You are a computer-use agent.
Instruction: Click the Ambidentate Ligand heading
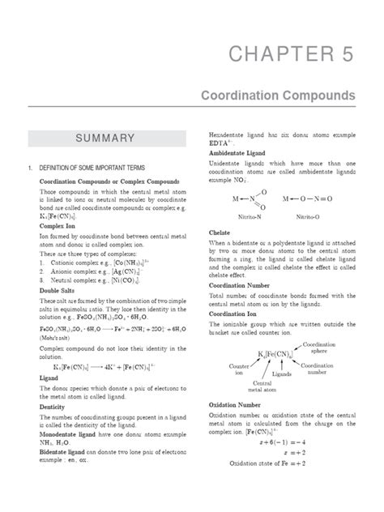coord(238,151)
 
